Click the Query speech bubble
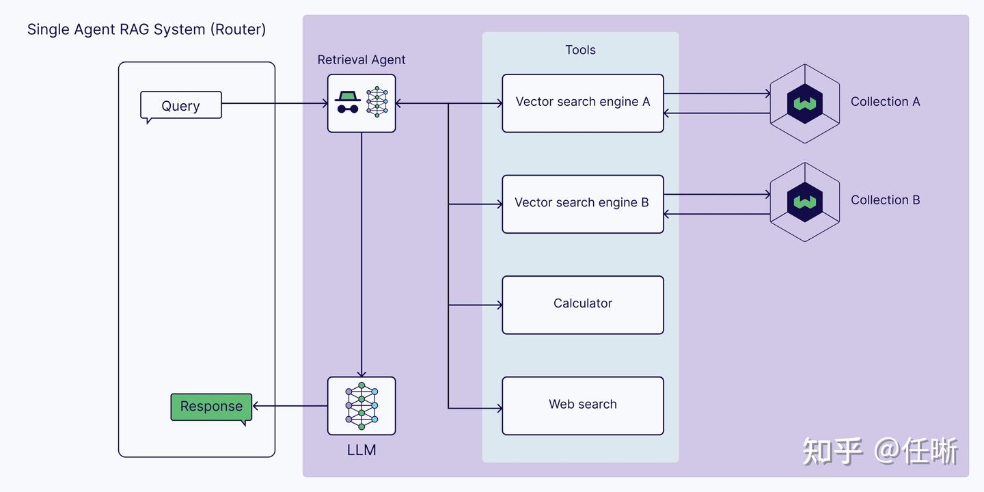181,106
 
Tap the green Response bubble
211,407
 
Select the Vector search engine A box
583,102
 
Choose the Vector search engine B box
583,204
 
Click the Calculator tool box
583,304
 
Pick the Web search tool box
583,405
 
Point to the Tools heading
580,50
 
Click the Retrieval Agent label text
361,60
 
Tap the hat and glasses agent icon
348,102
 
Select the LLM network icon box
361,405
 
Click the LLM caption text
361,450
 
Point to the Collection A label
885,102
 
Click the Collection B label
885,200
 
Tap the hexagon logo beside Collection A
805,104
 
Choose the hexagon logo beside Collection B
805,202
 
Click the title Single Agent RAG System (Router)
146,29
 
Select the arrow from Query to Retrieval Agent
273,104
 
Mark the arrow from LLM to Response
290,406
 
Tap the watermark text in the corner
880,451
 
